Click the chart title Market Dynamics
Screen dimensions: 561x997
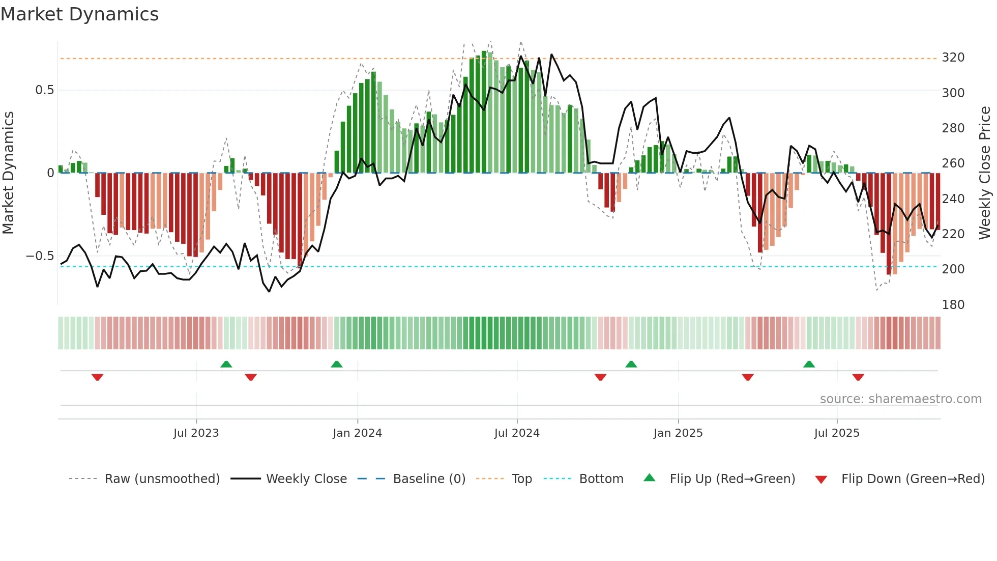(x=79, y=14)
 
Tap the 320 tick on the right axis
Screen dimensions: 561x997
(x=953, y=58)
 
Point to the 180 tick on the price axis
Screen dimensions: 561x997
(x=953, y=304)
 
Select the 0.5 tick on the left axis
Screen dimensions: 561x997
(x=44, y=90)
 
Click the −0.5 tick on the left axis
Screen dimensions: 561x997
(x=40, y=256)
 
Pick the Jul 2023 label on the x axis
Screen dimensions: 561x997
(x=196, y=433)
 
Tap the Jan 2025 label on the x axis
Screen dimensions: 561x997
(x=678, y=433)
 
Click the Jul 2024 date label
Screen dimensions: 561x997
(x=516, y=433)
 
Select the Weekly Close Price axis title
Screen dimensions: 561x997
(x=985, y=173)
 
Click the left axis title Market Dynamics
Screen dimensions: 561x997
(x=8, y=173)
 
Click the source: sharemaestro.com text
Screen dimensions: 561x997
(x=900, y=399)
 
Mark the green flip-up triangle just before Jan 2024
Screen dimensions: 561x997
(x=336, y=364)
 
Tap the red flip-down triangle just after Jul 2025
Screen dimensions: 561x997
(x=858, y=377)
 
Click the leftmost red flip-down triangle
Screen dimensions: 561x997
(x=97, y=377)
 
